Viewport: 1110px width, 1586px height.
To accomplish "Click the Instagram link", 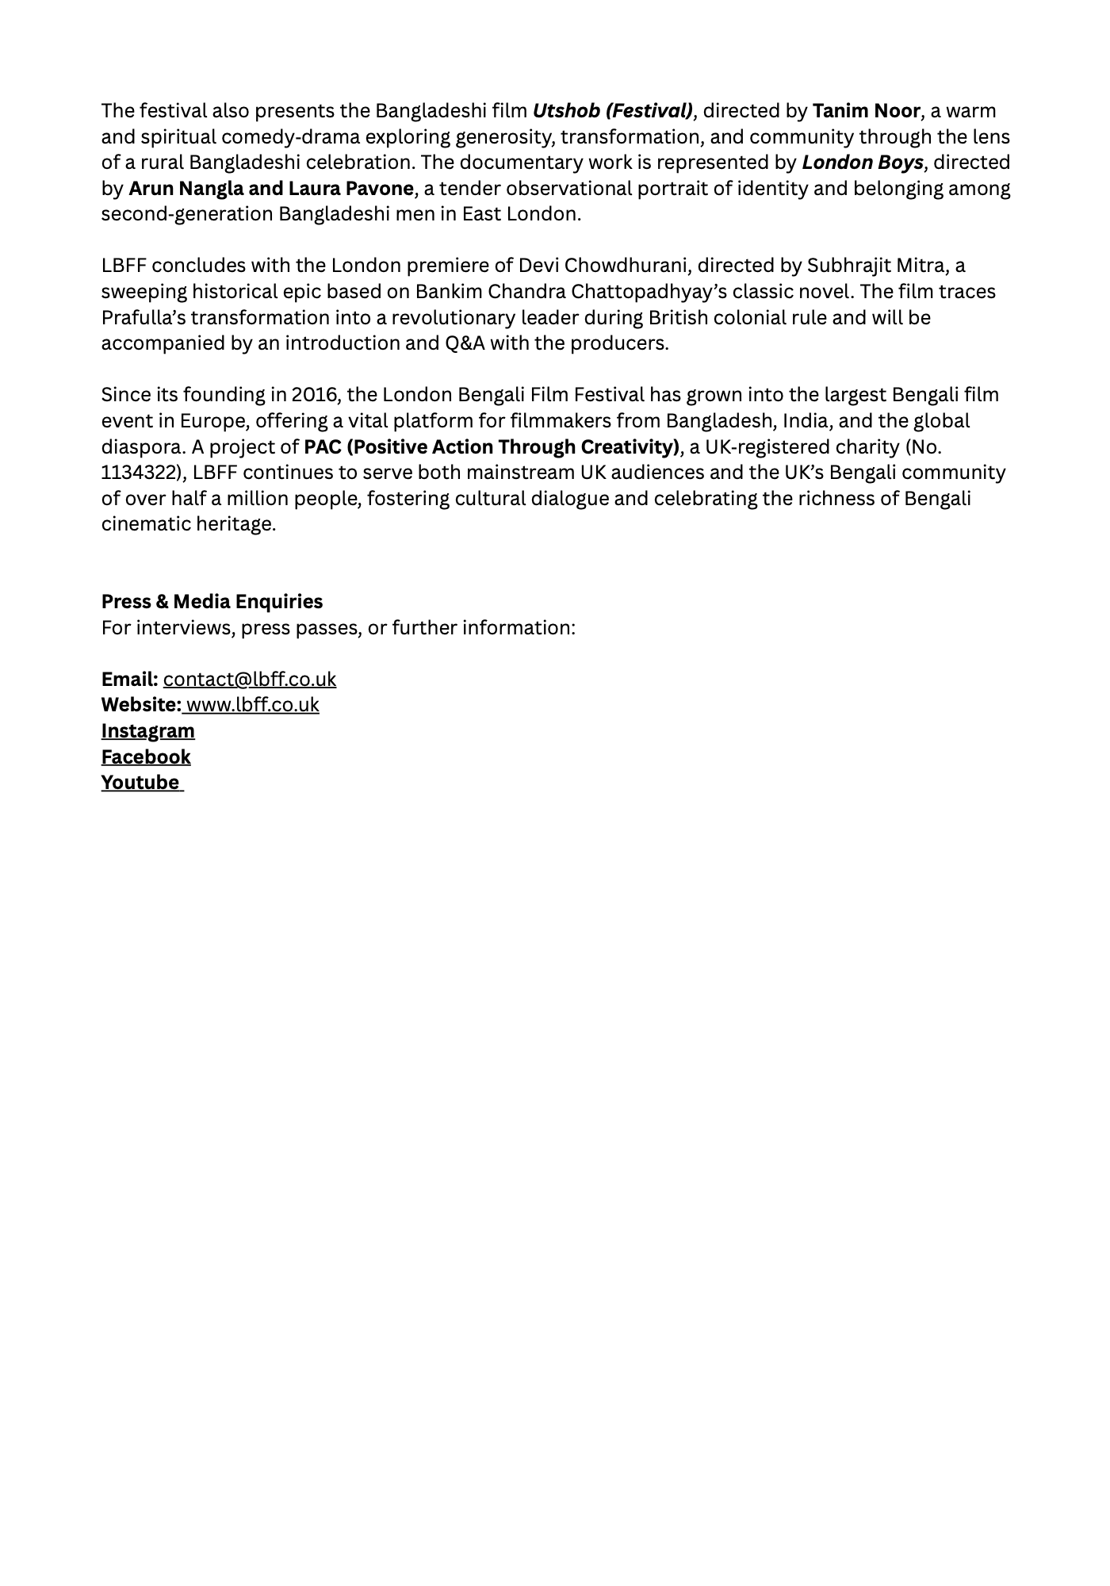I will tap(147, 731).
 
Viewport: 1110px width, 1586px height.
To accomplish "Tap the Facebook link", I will tap(146, 757).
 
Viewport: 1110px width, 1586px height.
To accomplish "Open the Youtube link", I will tap(140, 783).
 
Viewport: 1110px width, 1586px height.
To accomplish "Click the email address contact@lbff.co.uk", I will tap(250, 680).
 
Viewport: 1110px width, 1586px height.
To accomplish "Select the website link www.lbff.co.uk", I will tap(252, 705).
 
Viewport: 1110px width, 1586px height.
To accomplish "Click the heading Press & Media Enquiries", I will tap(212, 602).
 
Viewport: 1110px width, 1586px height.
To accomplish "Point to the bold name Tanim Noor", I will tap(866, 111).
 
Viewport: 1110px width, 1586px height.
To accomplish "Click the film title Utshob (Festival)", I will tap(612, 111).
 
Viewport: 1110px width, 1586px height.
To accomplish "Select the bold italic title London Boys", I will tap(863, 163).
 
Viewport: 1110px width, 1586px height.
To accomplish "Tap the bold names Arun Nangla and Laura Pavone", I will tap(271, 189).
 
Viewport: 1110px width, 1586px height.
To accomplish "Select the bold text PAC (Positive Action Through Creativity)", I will tap(492, 447).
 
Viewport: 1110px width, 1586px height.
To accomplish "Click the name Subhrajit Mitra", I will tap(875, 266).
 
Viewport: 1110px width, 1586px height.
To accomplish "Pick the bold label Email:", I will tap(129, 680).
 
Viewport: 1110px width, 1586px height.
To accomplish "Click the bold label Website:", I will tap(141, 705).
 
